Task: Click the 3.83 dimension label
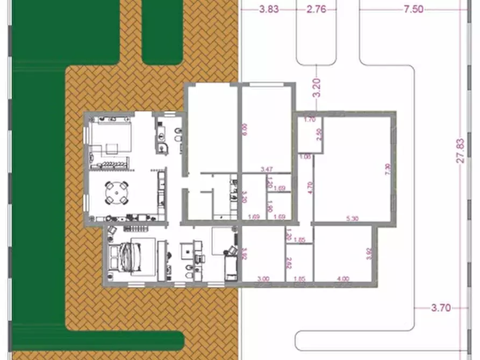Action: pos(269,9)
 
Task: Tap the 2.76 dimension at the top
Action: pos(316,9)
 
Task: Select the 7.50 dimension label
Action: pos(412,9)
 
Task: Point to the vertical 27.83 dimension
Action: pos(460,152)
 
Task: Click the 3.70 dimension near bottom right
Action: pos(441,308)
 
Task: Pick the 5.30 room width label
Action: pos(352,218)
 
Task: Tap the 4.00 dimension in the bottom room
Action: pos(342,278)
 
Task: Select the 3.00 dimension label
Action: pos(263,278)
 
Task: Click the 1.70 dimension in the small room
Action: pos(310,119)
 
